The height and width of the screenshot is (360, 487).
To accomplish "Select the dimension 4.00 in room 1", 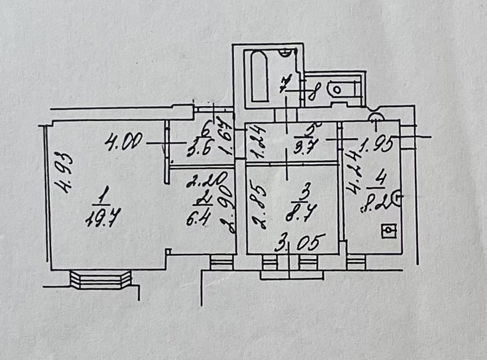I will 124,144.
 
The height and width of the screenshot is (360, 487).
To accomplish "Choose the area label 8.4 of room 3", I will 302,216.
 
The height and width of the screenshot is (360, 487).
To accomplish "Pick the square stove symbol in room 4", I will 388,232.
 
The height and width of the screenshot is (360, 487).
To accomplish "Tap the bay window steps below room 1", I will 100,279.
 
